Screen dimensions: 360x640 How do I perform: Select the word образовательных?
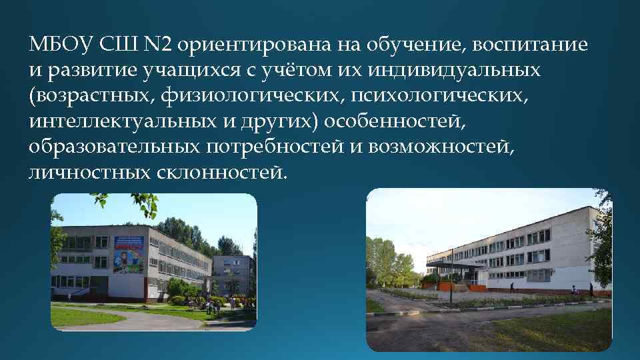click(x=113, y=146)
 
